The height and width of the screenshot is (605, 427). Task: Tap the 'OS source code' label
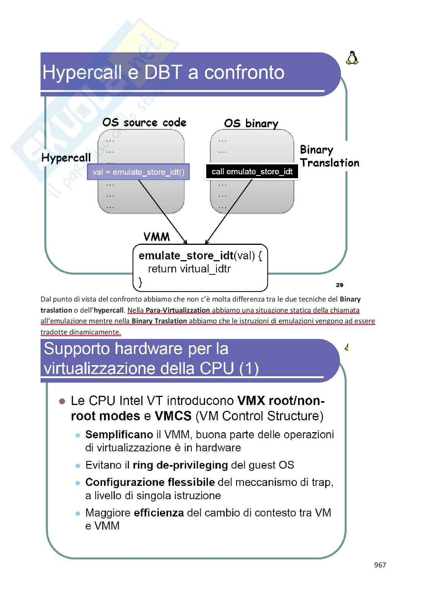[144, 123]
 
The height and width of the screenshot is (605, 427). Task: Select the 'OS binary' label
[251, 123]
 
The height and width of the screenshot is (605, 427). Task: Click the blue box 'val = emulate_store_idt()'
[139, 172]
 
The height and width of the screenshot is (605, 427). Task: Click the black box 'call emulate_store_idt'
[252, 172]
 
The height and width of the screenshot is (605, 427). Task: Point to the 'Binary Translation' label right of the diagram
[329, 156]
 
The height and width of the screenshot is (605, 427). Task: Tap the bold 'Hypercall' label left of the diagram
[66, 157]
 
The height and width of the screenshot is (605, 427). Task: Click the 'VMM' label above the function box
[156, 237]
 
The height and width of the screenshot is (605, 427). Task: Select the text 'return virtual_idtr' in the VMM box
[189, 269]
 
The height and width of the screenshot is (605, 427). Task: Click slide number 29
[339, 285]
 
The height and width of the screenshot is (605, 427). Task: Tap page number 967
[380, 565]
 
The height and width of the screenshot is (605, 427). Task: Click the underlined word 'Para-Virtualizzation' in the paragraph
[178, 310]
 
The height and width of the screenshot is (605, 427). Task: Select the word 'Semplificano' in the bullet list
[119, 434]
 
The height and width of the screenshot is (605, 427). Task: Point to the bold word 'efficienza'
[159, 513]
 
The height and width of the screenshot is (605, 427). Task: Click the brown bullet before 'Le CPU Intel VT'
[62, 401]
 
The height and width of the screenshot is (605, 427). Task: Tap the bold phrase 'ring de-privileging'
[180, 465]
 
